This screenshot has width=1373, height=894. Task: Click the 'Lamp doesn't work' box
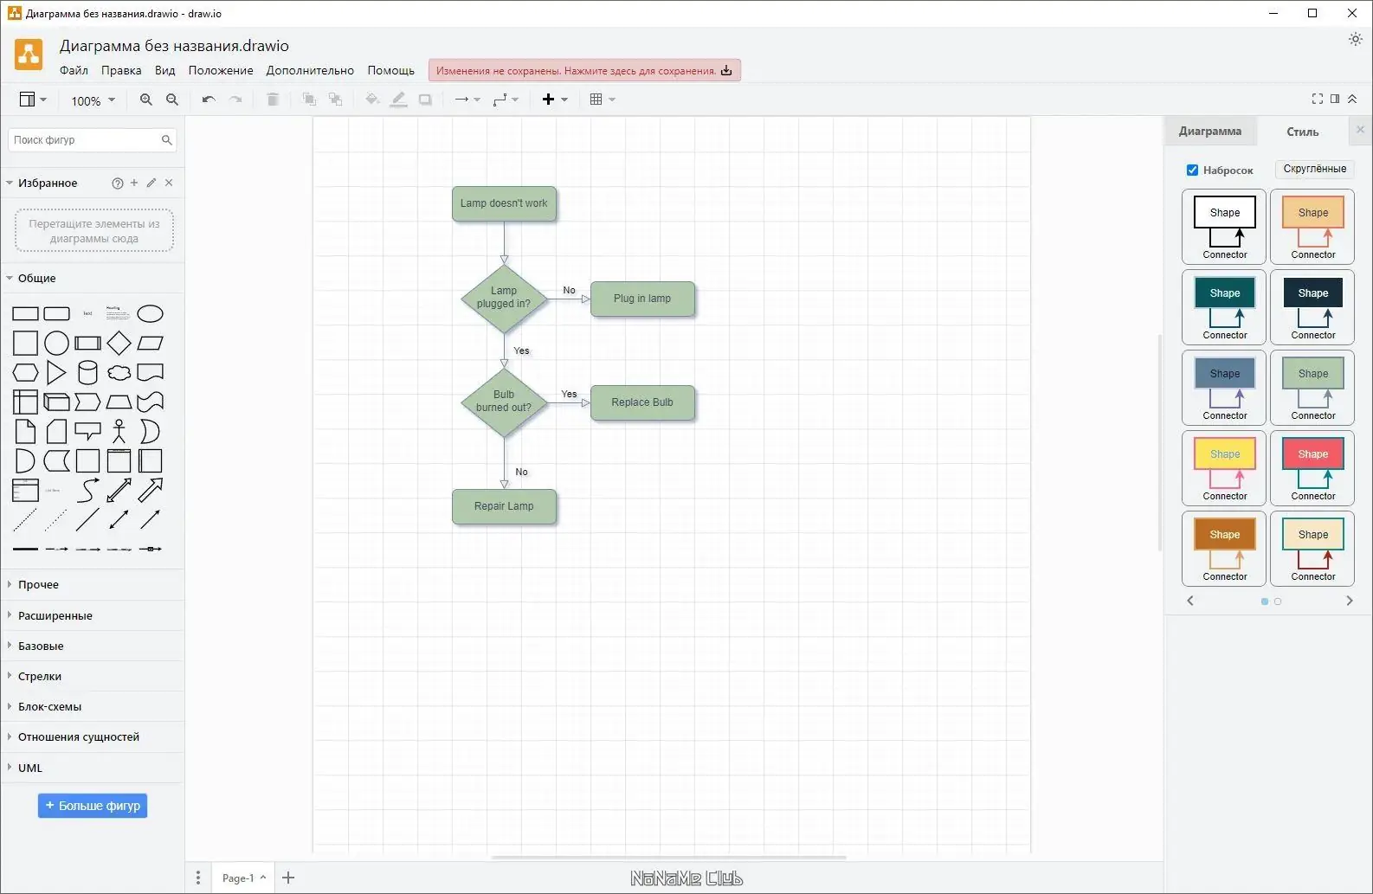504,203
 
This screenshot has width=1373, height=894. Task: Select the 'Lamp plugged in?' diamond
504,298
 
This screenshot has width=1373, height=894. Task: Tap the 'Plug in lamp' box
642,299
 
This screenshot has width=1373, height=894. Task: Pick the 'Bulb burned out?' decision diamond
504,402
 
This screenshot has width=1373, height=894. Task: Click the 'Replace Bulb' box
642,402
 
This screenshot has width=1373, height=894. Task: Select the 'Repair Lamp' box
504,506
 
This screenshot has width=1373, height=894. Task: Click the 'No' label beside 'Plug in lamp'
569,290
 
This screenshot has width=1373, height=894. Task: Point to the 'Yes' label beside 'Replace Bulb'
569,394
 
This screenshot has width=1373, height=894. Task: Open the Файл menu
74,70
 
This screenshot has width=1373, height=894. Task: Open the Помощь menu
390,70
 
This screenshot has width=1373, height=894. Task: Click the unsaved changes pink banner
583,71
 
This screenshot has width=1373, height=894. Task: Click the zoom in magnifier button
145,100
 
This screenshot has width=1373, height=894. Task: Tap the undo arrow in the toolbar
208,100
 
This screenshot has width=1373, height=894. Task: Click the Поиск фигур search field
85,139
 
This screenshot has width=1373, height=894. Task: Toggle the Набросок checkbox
1192,170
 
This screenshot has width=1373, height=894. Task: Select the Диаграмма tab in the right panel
1209,132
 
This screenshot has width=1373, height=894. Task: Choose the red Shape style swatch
1312,454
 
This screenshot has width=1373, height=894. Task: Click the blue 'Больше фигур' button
93,806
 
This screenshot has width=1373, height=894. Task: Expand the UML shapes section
30,768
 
